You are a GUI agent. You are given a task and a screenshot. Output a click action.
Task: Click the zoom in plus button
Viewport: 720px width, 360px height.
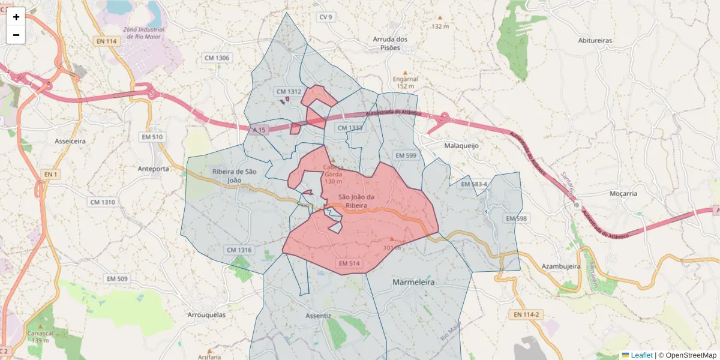[x=16, y=17]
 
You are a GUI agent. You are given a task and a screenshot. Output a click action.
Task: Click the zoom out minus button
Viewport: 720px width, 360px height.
[x=16, y=35]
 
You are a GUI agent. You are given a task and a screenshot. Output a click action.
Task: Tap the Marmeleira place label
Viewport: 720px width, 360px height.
[x=413, y=281]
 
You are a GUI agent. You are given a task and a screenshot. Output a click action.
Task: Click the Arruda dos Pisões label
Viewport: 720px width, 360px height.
[x=390, y=43]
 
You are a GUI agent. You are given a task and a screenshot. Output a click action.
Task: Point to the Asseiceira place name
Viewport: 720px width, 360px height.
[x=70, y=140]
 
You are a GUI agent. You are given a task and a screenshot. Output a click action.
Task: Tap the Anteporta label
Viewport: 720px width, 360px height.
[x=153, y=169]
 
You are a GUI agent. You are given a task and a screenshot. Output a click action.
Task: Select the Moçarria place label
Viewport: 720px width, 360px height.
[x=623, y=194]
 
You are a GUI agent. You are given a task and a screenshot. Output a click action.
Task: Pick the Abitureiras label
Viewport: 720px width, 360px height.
[x=595, y=40]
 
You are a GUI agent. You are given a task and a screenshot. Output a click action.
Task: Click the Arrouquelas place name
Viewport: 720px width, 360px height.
[x=206, y=315]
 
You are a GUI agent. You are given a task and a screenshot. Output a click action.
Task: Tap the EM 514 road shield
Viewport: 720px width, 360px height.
[x=349, y=263]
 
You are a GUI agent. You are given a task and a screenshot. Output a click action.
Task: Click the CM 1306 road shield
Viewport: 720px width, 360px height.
[x=217, y=58]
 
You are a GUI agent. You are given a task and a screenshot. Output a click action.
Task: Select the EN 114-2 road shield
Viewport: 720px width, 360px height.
[x=527, y=314]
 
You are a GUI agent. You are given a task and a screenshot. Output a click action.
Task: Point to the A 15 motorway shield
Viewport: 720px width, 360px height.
[x=259, y=130]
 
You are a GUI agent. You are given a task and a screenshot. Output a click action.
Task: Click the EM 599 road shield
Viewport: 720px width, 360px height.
[x=406, y=156]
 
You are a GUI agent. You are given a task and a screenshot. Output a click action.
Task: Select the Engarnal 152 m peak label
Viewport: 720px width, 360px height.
[x=405, y=82]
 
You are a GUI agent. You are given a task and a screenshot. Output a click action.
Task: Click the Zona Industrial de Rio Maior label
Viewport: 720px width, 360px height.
[x=144, y=33]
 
